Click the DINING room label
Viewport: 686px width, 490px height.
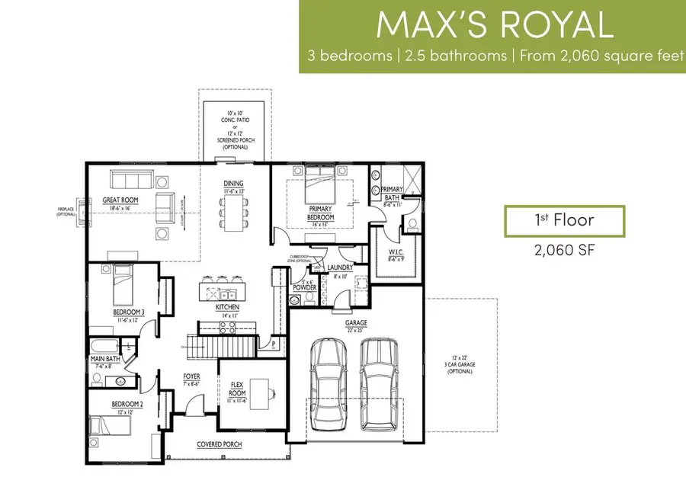point(232,183)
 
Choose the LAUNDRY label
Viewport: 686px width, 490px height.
point(339,267)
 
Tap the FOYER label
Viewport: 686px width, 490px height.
point(191,376)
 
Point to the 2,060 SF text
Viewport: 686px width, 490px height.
point(565,250)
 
